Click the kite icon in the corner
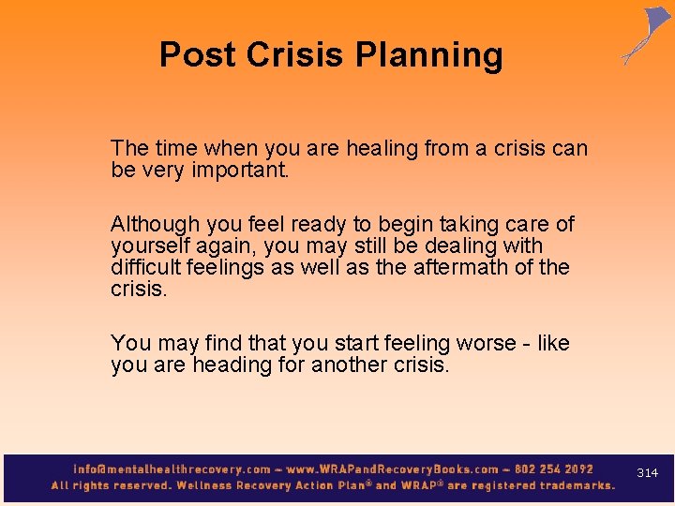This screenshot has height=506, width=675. click(648, 35)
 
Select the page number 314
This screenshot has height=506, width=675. click(647, 473)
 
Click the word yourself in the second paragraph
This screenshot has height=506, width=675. click(150, 246)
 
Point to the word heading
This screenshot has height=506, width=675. click(231, 365)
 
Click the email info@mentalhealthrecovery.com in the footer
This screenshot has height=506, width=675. click(173, 469)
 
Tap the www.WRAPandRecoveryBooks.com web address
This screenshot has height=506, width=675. click(393, 469)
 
